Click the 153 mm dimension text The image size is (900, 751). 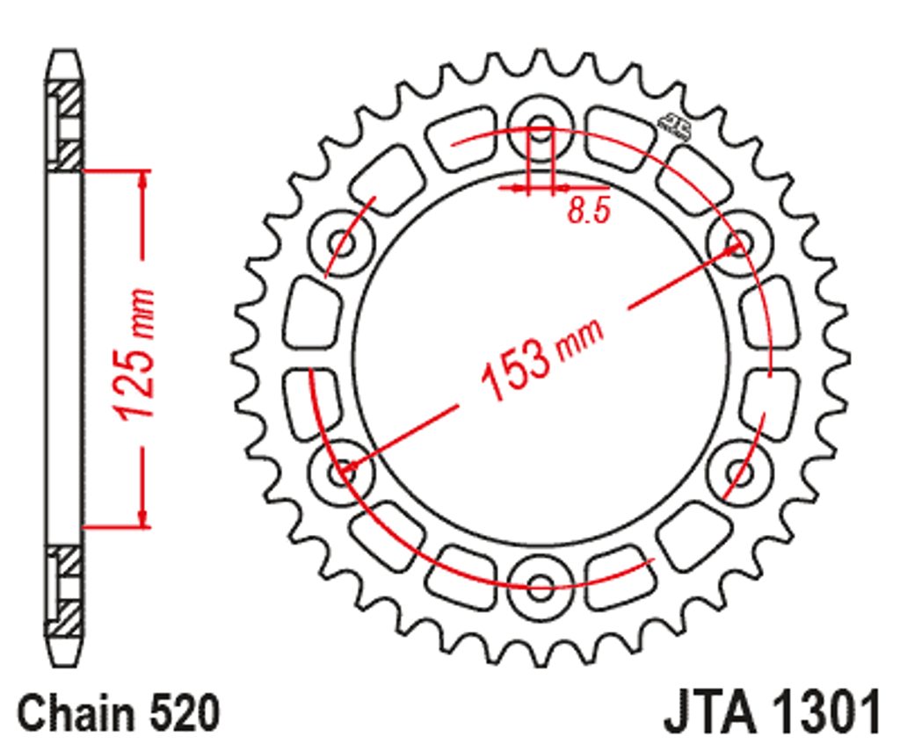click(x=541, y=358)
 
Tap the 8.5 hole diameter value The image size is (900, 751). click(x=588, y=211)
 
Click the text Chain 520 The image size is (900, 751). click(x=119, y=712)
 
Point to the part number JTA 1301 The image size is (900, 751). click(x=773, y=712)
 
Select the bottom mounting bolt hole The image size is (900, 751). click(x=541, y=587)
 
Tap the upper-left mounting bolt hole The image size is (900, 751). click(x=342, y=243)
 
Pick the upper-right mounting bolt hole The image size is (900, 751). click(x=739, y=243)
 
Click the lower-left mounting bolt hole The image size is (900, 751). click(x=342, y=473)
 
